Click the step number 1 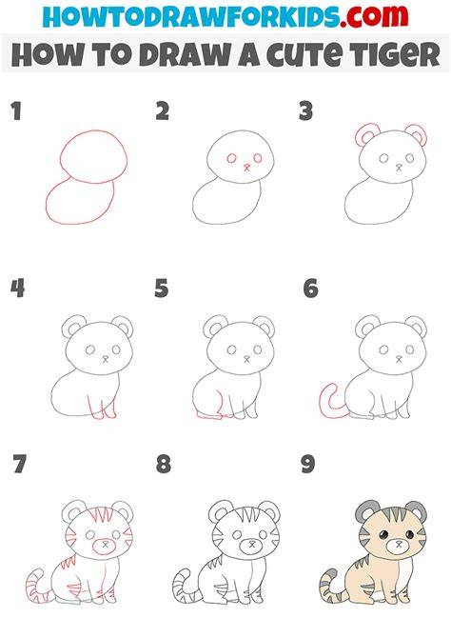point(16,111)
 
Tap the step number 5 point(162,289)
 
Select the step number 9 point(308,465)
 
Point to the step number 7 point(20,465)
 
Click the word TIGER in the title point(394,54)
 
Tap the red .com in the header point(375,16)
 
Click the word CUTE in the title point(304,55)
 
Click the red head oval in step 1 point(93,131)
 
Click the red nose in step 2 point(246,167)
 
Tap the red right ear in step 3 point(423,131)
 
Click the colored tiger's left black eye point(384,534)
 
